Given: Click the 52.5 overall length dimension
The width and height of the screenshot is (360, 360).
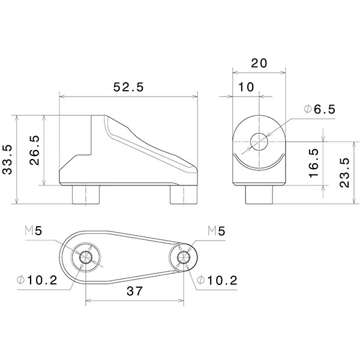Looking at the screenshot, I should coord(128,87).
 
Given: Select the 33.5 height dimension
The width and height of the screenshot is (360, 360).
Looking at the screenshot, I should coord(8,159).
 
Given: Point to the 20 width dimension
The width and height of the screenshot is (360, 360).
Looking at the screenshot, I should coord(259,63).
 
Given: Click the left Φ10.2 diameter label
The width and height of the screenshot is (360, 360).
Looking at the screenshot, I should coord(38,280).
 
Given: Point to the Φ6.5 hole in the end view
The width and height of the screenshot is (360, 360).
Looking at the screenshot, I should coord(259,142).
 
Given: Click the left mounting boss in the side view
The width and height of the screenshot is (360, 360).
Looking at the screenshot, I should coord(85,195).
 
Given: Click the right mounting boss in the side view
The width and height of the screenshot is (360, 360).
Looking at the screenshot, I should coord(182,195).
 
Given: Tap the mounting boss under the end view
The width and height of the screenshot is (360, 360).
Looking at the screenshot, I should coord(259,195).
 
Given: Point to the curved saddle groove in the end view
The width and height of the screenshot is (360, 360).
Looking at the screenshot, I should coord(259,164).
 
